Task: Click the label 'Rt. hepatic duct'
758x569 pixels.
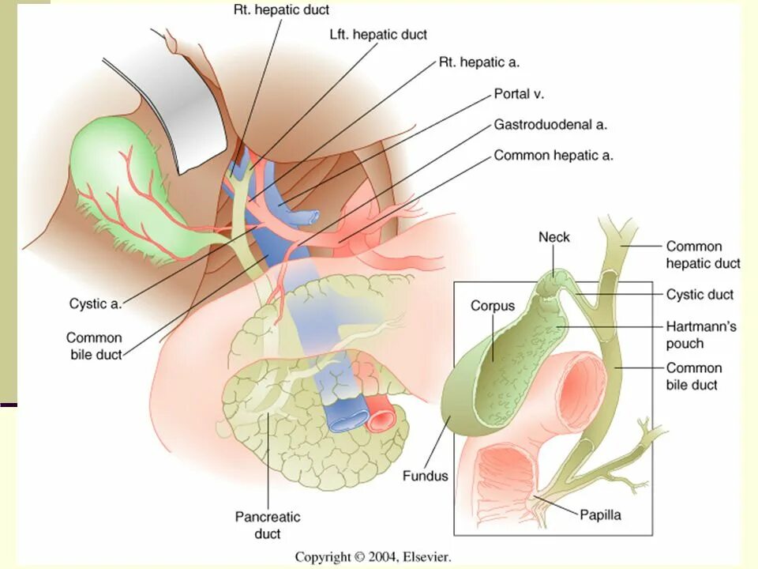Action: pos(281,10)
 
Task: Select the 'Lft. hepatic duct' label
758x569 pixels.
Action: pos(378,35)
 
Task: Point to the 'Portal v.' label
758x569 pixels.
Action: pos(519,93)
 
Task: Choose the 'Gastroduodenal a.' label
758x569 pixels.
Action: pos(550,124)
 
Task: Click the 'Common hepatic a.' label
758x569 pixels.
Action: pos(553,156)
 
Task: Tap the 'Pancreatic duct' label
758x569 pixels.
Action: pos(268,526)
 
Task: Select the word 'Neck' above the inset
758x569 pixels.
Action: pos(553,237)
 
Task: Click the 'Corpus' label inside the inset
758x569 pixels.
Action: pos(493,306)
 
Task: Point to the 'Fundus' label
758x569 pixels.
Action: pos(425,476)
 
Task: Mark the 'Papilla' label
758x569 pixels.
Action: pos(600,515)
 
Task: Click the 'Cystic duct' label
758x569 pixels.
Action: pos(700,295)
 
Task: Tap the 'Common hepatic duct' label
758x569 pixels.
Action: pos(703,254)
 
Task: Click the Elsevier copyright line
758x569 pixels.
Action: pos(373,557)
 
